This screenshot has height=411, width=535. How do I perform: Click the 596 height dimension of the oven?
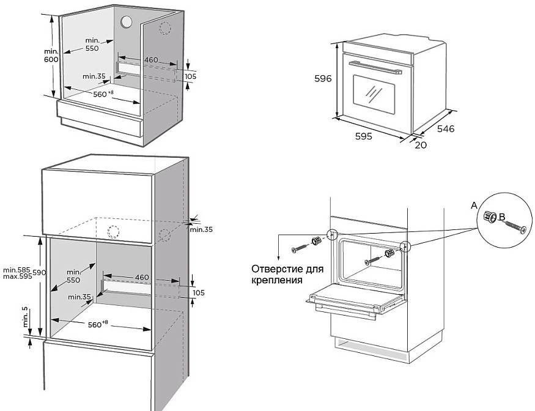[323, 79]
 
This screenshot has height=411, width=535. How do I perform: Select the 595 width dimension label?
[363, 136]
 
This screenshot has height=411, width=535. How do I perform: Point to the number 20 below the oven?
[421, 145]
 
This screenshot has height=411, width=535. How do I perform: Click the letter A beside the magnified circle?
[474, 207]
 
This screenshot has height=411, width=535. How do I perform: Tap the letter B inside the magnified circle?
[501, 217]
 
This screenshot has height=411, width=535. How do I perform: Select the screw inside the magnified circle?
[514, 227]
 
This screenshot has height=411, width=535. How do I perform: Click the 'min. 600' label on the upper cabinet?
[51, 55]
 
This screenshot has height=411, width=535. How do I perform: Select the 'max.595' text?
[17, 277]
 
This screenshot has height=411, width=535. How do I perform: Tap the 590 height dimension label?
[39, 272]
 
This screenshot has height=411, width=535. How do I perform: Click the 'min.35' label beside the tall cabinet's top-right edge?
[201, 230]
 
